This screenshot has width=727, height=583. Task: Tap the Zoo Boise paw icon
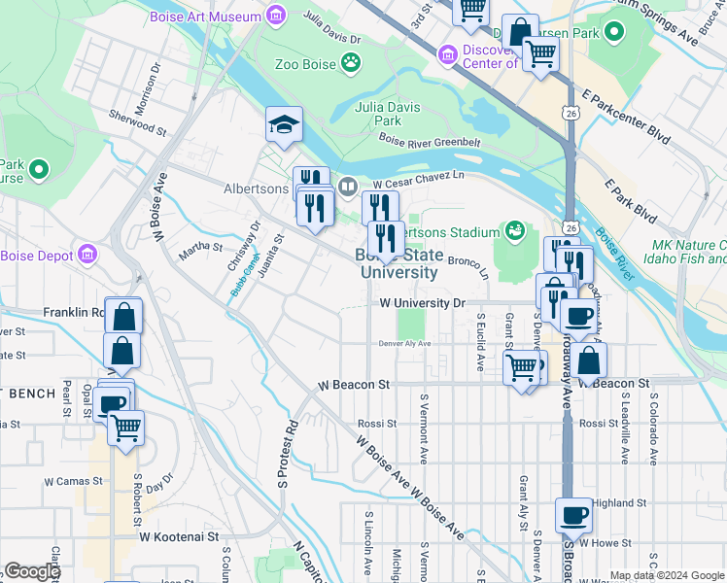351,65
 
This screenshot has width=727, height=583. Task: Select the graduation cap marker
285,124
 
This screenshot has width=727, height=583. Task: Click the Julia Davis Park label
389,114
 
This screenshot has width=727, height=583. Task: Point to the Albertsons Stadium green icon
513,231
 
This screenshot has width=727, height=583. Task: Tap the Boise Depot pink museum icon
87,256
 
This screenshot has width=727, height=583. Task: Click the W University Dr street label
422,303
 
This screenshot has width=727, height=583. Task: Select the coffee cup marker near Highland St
573,514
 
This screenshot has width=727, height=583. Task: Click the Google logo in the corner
31,571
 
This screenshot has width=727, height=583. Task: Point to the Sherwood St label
137,124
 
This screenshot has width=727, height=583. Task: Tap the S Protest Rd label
288,455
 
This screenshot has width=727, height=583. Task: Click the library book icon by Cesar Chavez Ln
347,186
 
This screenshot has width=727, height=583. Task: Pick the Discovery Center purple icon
448,53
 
